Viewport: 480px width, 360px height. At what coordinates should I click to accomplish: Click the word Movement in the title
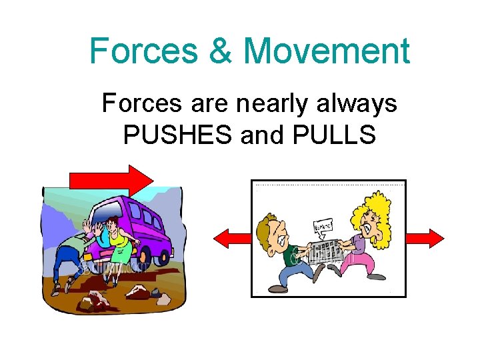[326, 51]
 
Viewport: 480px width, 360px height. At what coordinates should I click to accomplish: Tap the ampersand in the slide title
[223, 51]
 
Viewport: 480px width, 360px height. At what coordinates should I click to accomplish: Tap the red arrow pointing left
[231, 238]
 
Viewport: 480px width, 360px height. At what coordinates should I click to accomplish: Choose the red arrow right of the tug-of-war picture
[425, 238]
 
